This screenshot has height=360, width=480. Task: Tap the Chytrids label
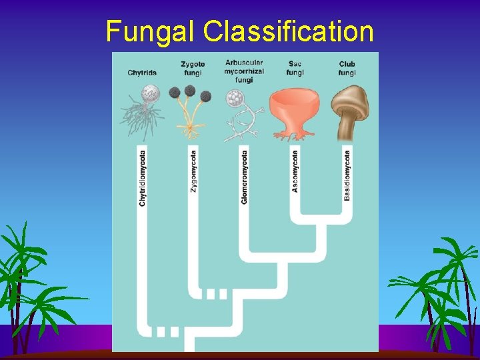tap(141, 73)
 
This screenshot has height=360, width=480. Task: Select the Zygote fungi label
tap(193, 68)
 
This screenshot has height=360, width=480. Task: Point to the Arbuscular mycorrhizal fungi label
tap(243, 71)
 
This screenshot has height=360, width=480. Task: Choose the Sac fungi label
tap(295, 68)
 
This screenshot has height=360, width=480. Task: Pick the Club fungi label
tap(347, 68)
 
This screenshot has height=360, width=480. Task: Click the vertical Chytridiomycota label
tap(142, 177)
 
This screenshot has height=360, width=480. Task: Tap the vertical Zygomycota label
tap(193, 169)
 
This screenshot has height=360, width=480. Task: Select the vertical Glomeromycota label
tap(244, 177)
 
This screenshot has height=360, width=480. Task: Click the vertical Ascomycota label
tap(295, 171)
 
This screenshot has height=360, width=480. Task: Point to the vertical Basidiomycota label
tap(347, 175)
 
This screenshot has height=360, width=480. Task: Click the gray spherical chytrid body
tap(152, 92)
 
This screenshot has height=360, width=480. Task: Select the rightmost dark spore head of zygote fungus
tap(205, 96)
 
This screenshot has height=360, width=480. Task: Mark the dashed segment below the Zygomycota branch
tap(215, 293)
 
